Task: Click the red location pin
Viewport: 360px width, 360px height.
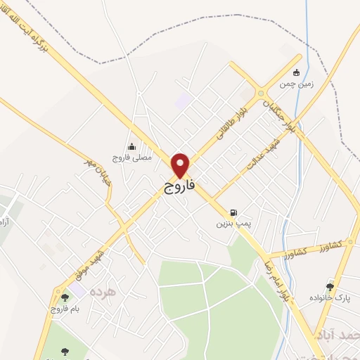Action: pos(181,165)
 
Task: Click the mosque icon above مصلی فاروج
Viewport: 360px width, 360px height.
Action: pos(131,147)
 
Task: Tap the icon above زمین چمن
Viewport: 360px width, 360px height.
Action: pos(296,72)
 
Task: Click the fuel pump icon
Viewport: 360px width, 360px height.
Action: pos(233,212)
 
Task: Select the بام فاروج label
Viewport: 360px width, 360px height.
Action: pos(65,309)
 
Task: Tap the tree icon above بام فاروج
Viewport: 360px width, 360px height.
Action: pos(65,297)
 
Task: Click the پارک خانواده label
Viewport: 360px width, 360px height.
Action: pos(329,298)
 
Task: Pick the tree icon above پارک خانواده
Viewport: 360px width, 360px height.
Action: pos(330,286)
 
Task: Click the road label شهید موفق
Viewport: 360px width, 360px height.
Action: pos(91,262)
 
